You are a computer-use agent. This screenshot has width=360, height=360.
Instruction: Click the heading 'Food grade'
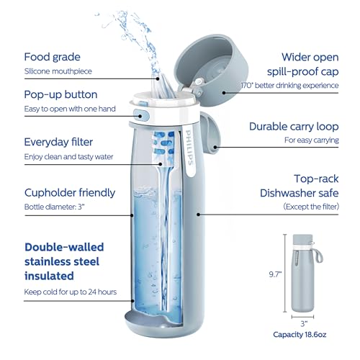tap(53, 57)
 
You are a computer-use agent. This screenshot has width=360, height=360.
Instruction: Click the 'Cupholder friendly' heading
tap(69, 192)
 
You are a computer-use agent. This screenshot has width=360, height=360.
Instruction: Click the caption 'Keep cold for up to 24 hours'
tap(70, 292)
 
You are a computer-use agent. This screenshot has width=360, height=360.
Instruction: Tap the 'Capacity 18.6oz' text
tap(305, 335)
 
